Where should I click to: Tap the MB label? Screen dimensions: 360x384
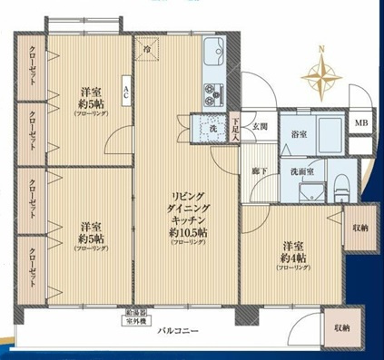click(361, 124)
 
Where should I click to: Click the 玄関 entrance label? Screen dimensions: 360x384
click(260, 128)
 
